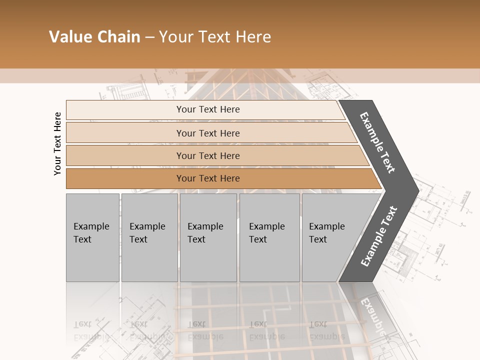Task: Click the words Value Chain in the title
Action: (94, 37)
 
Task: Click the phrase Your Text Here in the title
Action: (215, 37)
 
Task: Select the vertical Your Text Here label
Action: (57, 143)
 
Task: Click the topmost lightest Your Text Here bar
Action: (208, 109)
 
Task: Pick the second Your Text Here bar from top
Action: (208, 133)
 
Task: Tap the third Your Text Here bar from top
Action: (208, 155)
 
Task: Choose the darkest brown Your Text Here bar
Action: (208, 178)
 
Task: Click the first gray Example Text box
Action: (92, 237)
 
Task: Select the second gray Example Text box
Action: (149, 237)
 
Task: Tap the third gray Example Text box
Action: (208, 237)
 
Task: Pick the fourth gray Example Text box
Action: (269, 237)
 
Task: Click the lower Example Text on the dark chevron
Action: (379, 236)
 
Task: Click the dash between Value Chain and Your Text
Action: (149, 37)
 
